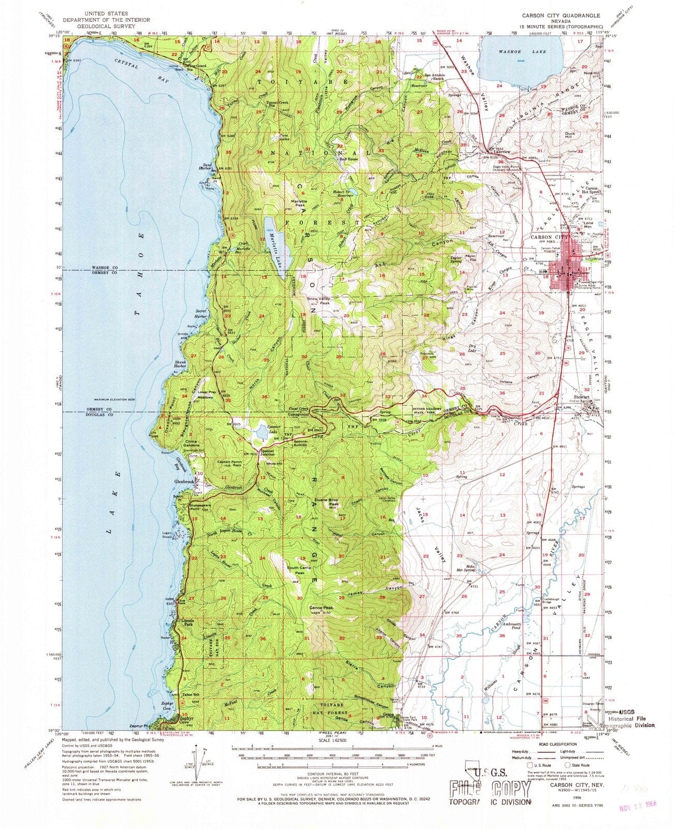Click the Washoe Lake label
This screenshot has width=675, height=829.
point(515,52)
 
